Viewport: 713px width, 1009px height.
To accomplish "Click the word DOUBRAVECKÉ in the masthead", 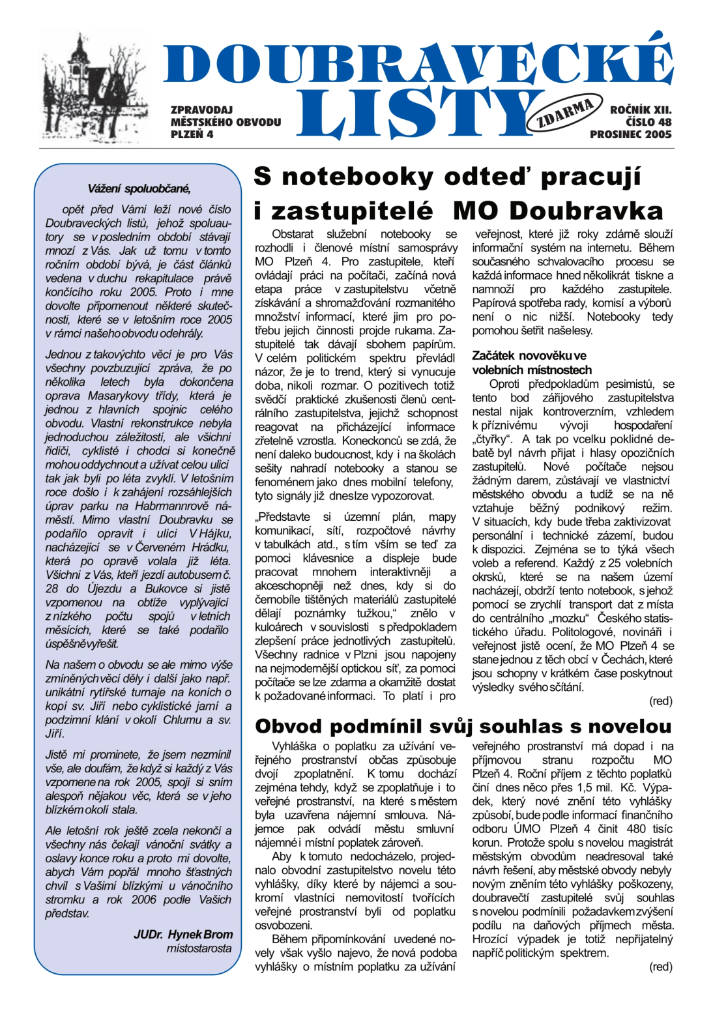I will pos(417,64).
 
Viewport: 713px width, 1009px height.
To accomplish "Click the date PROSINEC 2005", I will pos(630,134).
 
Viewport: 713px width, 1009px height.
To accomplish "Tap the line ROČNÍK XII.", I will pos(640,110).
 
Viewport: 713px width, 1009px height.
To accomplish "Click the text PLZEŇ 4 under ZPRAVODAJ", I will pos(192,134).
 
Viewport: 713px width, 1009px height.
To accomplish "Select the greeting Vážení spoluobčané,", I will pos(139,189).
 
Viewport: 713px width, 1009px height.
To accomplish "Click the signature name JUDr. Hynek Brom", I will pos(183,934).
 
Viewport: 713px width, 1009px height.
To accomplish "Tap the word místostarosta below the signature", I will pos(199,948).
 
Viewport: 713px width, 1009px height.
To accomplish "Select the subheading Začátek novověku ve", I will pos(529,355).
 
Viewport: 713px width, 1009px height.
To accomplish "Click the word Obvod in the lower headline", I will pos(288,726).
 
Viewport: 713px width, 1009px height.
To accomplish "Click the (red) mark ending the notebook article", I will pos(660,701).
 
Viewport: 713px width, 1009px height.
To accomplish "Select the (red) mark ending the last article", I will pos(660,967).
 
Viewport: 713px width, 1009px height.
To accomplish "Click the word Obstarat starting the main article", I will pos(293,234).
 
